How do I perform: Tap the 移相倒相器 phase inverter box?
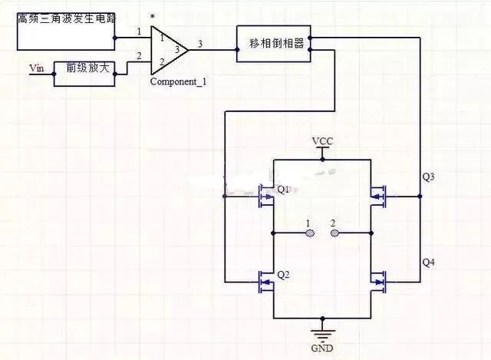tap(275, 44)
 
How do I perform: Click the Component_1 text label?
tap(178, 81)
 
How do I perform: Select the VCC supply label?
tap(322, 142)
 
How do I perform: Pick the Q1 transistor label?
tap(283, 190)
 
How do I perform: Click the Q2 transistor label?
tap(283, 274)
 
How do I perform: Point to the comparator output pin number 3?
tap(201, 45)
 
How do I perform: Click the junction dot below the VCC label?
tap(323, 160)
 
